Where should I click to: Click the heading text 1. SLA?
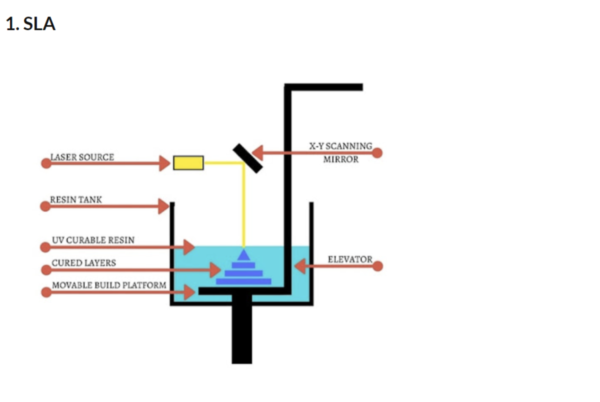coord(30,24)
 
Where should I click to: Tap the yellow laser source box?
coord(188,162)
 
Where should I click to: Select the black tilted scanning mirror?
coord(248,158)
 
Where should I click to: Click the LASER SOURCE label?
coord(82,157)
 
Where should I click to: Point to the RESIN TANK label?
coord(76,199)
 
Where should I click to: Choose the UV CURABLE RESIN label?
coord(93,240)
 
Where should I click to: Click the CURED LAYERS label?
coord(84,262)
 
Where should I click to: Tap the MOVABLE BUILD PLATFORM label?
coord(109,285)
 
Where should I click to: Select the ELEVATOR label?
coord(350,259)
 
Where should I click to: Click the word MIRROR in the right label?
coord(340,159)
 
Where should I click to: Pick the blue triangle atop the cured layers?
coord(243,254)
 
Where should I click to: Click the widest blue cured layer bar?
coord(243,281)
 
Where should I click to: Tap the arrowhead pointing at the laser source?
coord(164,163)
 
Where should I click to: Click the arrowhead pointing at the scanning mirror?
coord(257,153)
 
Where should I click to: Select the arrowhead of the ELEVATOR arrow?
coord(299,266)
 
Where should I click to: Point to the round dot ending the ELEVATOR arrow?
coord(377,266)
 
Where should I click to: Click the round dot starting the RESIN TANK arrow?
coord(45,206)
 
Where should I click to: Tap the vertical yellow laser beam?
coord(243,205)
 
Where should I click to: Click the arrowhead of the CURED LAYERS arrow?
coord(215,269)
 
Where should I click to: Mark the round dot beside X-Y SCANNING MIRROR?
coord(377,153)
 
